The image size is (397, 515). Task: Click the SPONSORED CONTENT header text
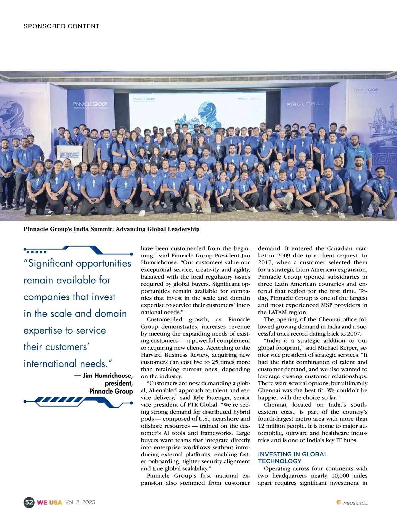tap(62, 26)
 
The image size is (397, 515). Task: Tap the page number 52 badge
tap(29, 502)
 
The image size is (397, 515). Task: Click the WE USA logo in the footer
tap(49, 502)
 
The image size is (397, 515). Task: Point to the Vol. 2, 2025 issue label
tap(80, 502)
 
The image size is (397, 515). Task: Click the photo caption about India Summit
tap(111, 229)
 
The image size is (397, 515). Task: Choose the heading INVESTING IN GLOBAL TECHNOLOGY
tap(292, 457)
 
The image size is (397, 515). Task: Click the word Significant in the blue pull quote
tap(51, 263)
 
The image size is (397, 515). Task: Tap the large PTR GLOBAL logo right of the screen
tap(305, 104)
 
